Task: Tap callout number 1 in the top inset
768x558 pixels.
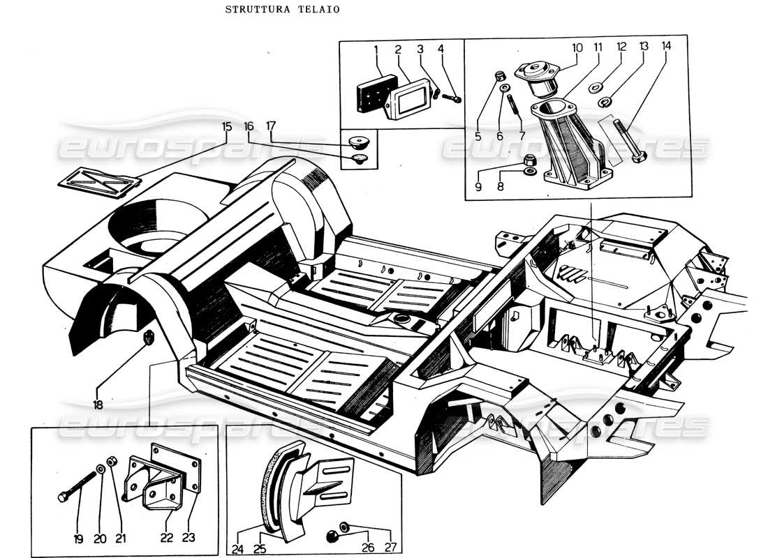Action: point(376,50)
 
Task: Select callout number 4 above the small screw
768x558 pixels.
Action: point(441,50)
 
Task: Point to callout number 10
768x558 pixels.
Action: point(577,47)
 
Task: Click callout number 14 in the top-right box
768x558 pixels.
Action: point(666,46)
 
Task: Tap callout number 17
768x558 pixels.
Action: point(270,126)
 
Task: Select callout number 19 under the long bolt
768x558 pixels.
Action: point(78,538)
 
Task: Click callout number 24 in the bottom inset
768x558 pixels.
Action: point(238,550)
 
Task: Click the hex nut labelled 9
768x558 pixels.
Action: point(528,160)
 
